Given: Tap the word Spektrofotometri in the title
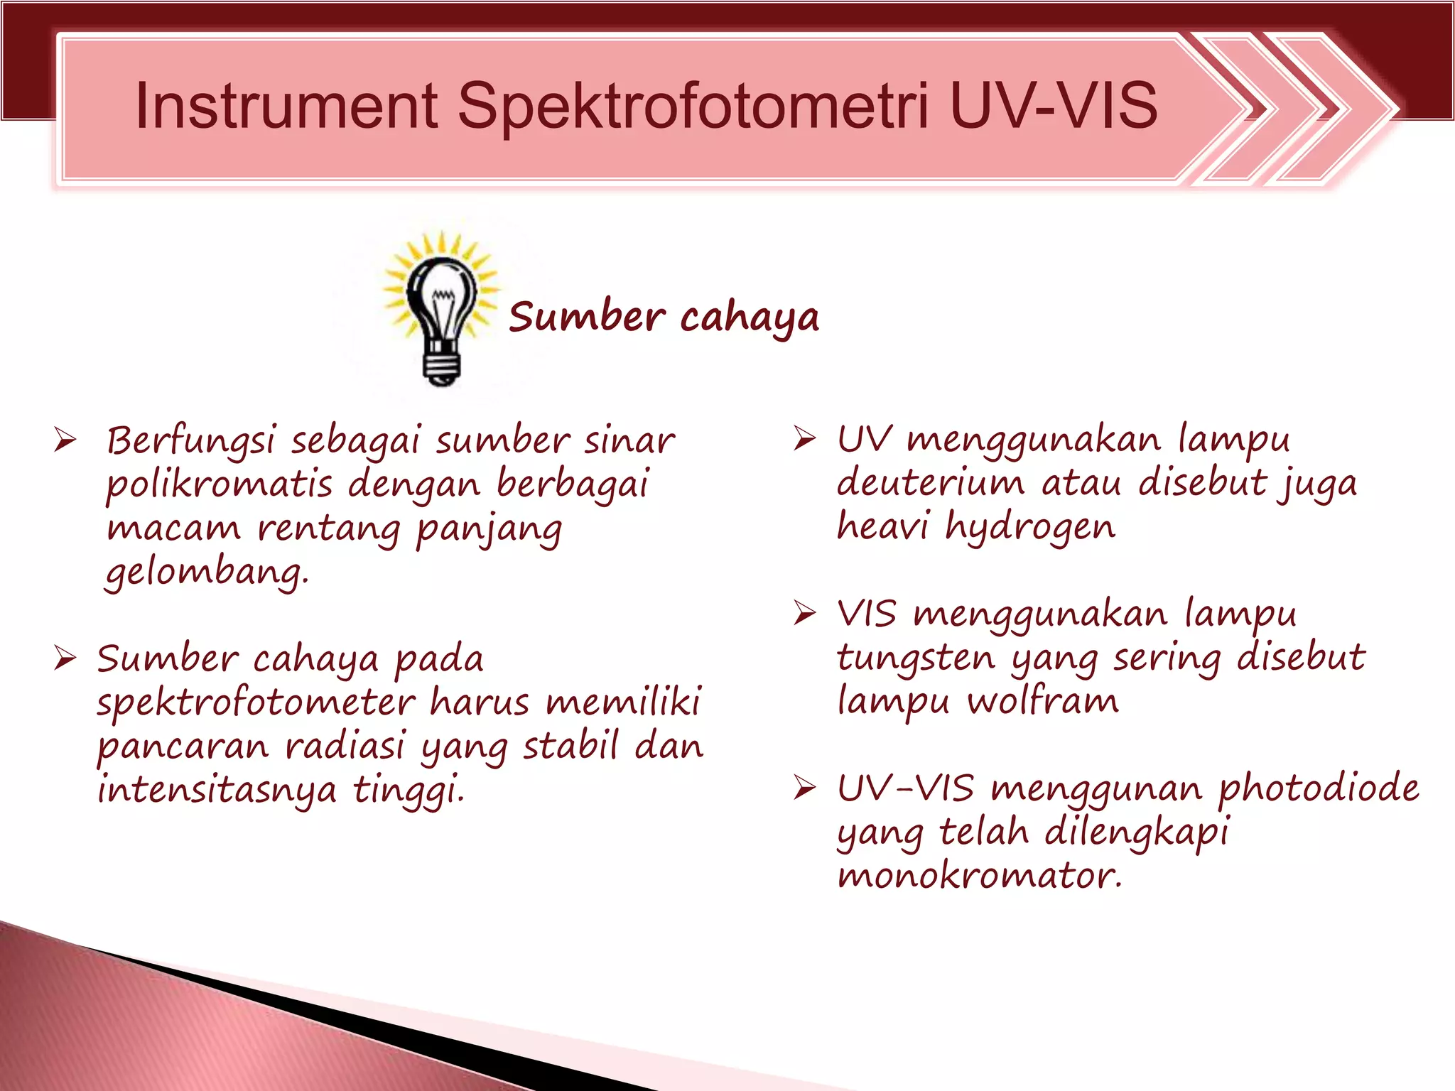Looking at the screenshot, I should [x=693, y=107].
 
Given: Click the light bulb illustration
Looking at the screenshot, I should [x=441, y=309].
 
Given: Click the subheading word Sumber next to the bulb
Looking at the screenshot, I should [x=587, y=317].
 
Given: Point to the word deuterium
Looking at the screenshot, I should [x=931, y=483].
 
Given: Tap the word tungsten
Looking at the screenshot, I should [x=916, y=658].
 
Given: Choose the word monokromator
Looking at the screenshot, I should [x=979, y=876].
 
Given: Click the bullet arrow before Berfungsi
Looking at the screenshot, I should [x=65, y=440].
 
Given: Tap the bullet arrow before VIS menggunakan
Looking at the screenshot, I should [x=805, y=613].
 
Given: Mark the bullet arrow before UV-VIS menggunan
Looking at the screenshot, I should [x=805, y=788].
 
